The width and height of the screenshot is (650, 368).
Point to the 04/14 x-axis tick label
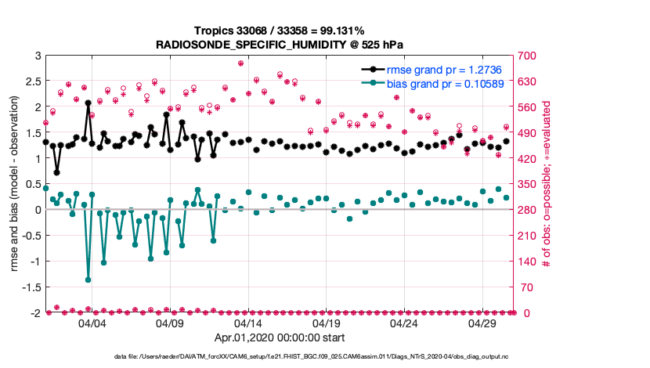[x=247, y=323]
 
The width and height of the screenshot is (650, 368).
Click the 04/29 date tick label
[x=482, y=323]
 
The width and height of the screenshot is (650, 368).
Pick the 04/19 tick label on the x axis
[x=326, y=323]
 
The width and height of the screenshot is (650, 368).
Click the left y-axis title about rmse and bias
[x=15, y=184]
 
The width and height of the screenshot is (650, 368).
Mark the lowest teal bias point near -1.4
[x=88, y=280]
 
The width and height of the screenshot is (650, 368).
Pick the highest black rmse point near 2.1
[x=88, y=103]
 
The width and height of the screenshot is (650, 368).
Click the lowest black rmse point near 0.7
[x=56, y=172]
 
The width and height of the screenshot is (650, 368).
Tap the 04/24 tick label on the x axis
[x=404, y=323]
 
